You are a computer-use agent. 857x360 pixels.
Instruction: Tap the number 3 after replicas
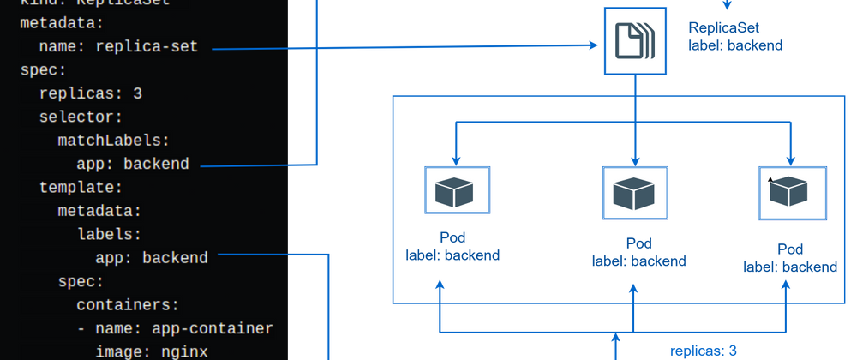pos(137,93)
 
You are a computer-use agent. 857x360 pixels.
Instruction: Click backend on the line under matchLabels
pos(156,163)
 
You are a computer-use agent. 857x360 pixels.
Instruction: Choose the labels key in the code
pos(109,233)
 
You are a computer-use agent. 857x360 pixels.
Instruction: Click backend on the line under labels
pos(175,256)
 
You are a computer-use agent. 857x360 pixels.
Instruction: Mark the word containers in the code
pos(128,303)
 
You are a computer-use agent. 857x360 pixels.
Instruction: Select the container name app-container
pos(212,327)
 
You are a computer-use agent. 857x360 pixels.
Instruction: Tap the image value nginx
pos(183,351)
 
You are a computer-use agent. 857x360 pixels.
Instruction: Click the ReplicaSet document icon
pos(634,41)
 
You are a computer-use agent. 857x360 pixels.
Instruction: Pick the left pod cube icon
pos(457,191)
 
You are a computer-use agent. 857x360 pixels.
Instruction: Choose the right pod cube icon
pos(791,190)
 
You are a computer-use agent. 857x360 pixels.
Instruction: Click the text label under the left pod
pos(452,245)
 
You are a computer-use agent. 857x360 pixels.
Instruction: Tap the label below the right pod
pos(789,258)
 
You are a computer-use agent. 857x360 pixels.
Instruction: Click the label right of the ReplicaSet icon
pos(735,36)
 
